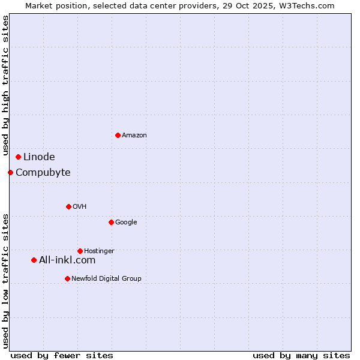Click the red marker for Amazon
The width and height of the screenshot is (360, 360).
tap(118, 135)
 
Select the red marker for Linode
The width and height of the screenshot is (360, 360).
tap(19, 157)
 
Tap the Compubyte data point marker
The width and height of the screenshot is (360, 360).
tap(10, 173)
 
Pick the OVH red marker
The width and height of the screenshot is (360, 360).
tap(68, 206)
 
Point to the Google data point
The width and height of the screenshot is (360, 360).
tap(111, 222)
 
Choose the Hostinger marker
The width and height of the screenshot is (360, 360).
tap(80, 251)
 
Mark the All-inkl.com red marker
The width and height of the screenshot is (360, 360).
tap(34, 260)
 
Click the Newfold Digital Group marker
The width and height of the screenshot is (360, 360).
tap(67, 278)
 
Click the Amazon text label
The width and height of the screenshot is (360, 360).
tap(134, 136)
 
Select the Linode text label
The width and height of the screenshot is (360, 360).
tap(39, 157)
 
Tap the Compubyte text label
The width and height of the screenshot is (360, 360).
tap(43, 173)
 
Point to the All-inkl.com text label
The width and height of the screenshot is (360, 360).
tap(67, 260)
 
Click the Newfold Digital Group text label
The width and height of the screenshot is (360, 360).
tap(106, 278)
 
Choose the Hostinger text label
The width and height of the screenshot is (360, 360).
tap(99, 251)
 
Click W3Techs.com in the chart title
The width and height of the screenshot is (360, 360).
tap(309, 5)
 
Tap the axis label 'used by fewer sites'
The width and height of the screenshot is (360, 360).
tap(62, 355)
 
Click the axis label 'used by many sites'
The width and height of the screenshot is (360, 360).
tap(301, 355)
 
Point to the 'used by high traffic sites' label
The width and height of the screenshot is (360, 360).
tap(5, 86)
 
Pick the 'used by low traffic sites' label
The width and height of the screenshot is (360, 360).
tap(5, 280)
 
